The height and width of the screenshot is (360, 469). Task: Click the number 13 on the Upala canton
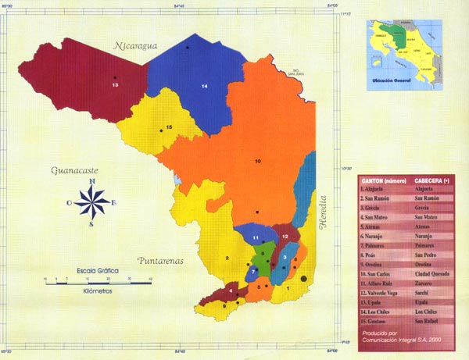pos(115,84)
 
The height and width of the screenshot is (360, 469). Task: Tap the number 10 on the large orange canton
pos(257,161)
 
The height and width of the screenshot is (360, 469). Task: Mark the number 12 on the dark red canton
pos(286,235)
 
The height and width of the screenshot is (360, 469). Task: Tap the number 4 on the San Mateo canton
pos(231,292)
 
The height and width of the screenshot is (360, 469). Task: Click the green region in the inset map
pos(403,35)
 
